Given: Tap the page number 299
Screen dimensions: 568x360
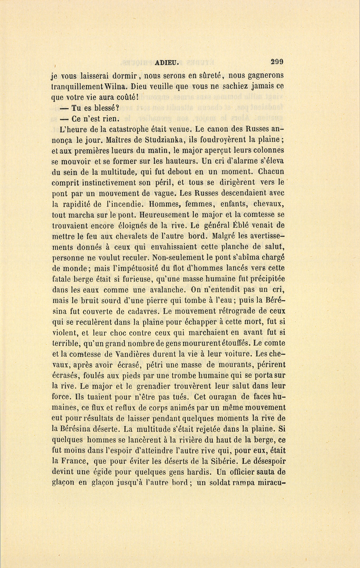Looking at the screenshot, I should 277,62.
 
